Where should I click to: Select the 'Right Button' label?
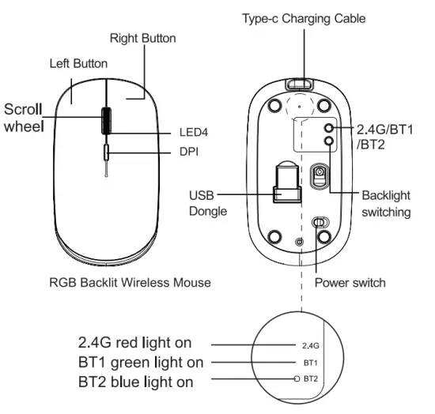click(142, 38)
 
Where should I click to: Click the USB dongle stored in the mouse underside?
click(286, 188)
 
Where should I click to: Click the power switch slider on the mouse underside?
click(320, 224)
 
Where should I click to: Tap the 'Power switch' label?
click(350, 282)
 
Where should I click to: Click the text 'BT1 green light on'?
click(139, 363)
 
